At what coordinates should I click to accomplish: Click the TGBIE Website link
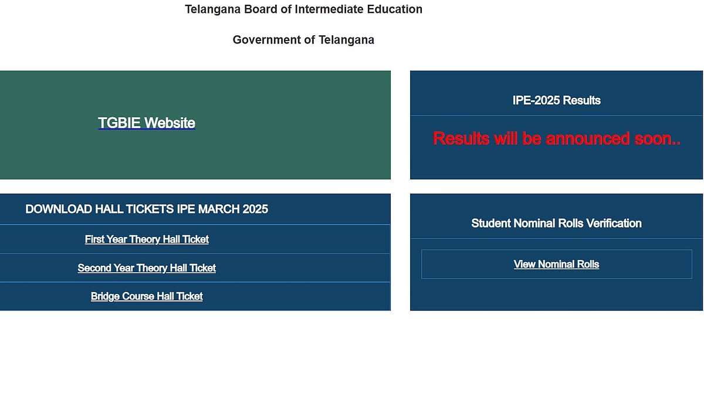(147, 123)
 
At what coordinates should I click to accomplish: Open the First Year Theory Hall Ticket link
(147, 239)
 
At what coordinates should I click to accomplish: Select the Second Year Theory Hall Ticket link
(147, 268)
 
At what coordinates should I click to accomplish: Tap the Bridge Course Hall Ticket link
(147, 297)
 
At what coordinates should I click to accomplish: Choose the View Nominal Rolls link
(556, 265)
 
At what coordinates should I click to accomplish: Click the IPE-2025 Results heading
(556, 100)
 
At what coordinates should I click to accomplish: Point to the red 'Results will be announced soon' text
(556, 138)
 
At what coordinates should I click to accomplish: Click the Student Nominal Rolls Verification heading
(556, 224)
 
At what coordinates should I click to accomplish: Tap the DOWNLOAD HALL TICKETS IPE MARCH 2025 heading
(147, 209)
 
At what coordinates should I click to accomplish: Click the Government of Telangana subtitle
(303, 40)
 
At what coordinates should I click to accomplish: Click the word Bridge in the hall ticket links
(104, 297)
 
